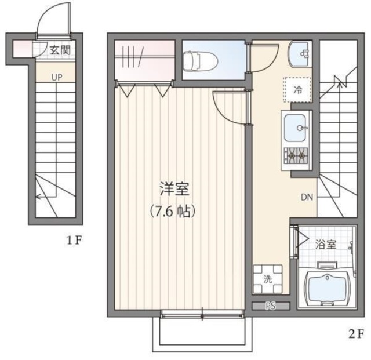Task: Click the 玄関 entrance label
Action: pyautogui.click(x=59, y=50)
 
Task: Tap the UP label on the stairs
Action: pyautogui.click(x=57, y=77)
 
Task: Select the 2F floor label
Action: pyautogui.click(x=355, y=334)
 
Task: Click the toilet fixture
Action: pyautogui.click(x=200, y=60)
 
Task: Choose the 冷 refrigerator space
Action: pyautogui.click(x=299, y=90)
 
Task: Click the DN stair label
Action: pyautogui.click(x=307, y=197)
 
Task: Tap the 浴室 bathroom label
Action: pyautogui.click(x=325, y=244)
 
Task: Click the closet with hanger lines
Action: pyautogui.click(x=144, y=61)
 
